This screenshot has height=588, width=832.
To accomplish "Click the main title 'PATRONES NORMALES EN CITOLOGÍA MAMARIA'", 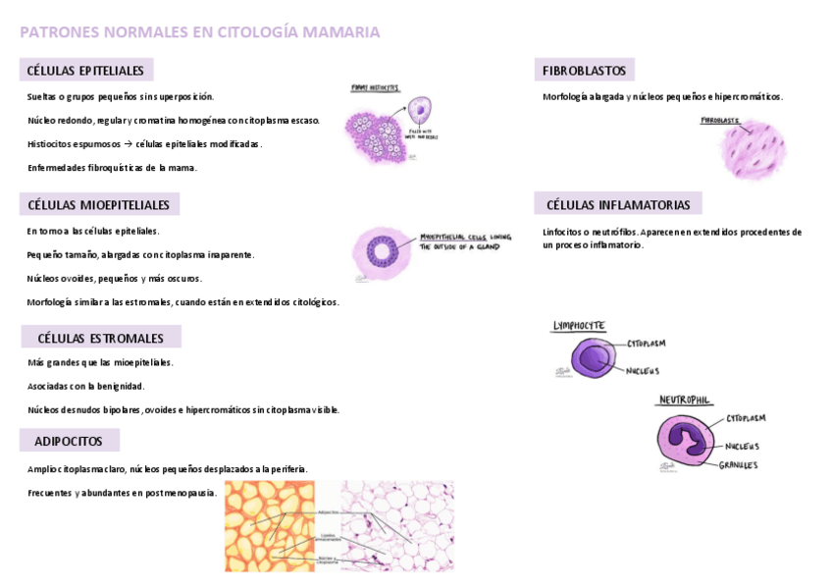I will (200, 32).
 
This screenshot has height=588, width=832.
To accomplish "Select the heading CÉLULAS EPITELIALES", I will (85, 71).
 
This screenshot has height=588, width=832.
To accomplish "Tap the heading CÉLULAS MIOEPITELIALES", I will (98, 205).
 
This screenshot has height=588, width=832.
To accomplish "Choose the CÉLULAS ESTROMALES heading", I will (100, 338).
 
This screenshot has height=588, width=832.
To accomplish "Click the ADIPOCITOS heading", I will (69, 441).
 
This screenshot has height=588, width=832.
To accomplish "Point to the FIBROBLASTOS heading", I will (584, 71).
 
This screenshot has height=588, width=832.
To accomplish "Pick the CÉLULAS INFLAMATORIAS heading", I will (617, 205).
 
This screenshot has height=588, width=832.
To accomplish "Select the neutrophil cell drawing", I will (688, 441).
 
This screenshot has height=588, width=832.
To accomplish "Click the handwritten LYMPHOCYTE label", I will (579, 326).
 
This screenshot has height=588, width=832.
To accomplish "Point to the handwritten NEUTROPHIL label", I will (685, 401).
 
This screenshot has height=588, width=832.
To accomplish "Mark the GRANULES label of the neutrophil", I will (738, 465).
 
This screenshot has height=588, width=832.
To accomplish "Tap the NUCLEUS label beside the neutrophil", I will (743, 446).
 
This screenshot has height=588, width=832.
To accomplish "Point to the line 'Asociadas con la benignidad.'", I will (86, 386).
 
